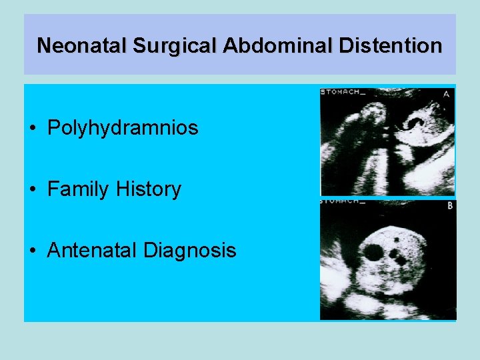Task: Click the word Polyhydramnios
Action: coord(123,127)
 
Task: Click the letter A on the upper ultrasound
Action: coord(446,94)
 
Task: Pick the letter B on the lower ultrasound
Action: coord(450,206)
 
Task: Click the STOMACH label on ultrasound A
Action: coord(343,92)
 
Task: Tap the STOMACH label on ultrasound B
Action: coord(343,200)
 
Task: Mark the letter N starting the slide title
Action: coord(44,45)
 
